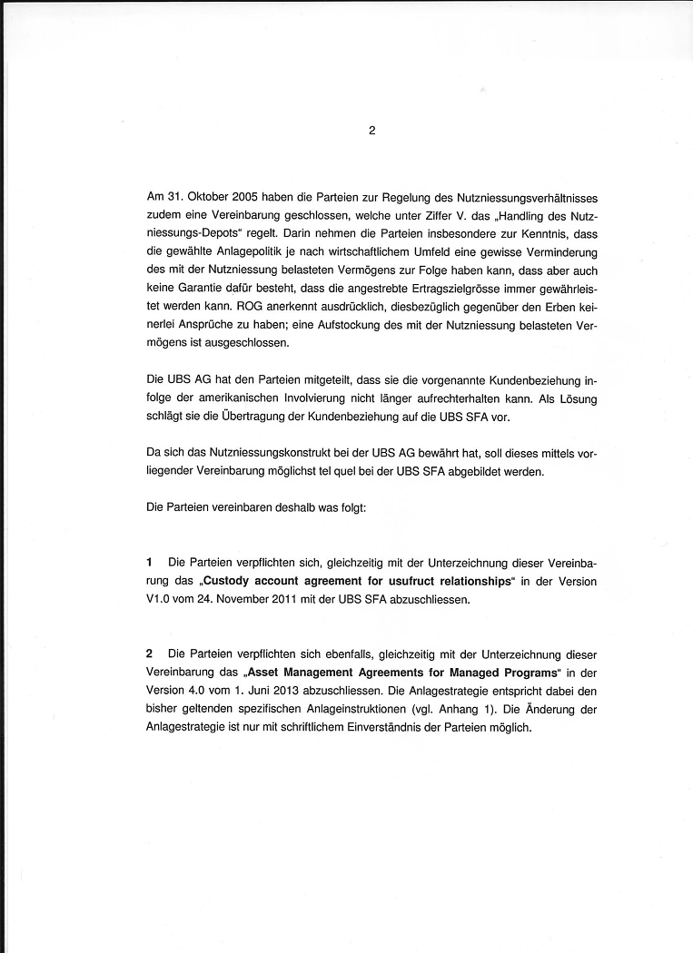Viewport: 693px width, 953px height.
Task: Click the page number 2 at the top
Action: click(371, 130)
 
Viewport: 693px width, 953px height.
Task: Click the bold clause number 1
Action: click(150, 563)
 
